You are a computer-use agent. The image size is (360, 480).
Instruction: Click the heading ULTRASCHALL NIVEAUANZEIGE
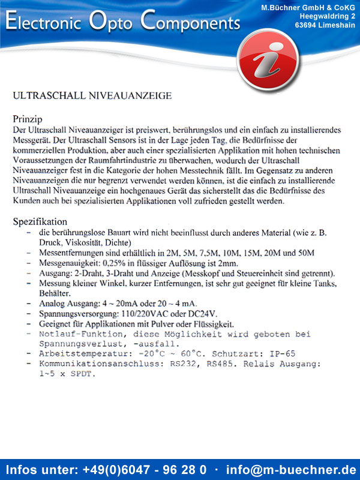point(92,95)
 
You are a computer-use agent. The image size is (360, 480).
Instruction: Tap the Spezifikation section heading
point(40,221)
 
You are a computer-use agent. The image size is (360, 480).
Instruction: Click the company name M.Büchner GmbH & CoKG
point(308,7)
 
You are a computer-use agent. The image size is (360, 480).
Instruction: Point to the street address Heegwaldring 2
point(328,16)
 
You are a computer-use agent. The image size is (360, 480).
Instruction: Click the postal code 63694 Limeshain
point(325,25)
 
